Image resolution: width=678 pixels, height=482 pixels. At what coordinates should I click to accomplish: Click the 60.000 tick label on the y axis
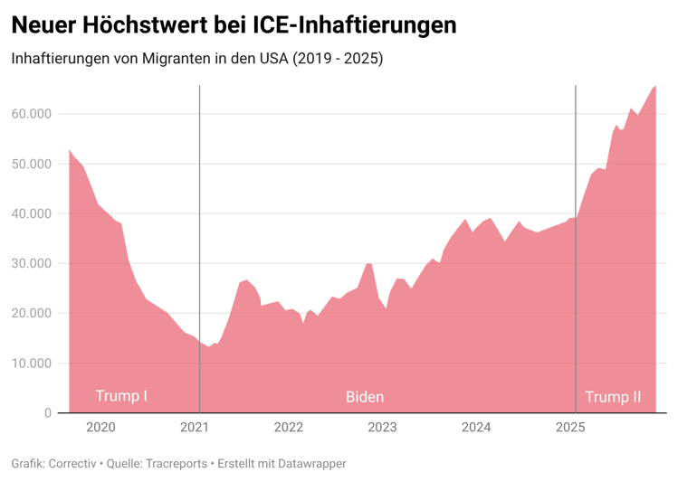pos(31,114)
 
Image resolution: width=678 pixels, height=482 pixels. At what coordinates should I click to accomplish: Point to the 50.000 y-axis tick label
pos(31,164)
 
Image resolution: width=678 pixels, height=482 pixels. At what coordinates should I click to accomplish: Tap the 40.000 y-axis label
pos(31,213)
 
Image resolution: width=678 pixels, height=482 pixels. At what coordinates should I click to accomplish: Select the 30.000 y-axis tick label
pos(31,263)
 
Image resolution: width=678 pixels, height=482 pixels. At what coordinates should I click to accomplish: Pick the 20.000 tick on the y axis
pos(31,314)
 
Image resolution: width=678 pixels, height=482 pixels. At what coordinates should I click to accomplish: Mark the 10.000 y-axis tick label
pos(31,364)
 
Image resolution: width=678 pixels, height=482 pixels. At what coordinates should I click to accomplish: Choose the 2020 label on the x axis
pos(100,428)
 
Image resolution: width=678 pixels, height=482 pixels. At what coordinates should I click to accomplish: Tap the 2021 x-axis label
pos(197,428)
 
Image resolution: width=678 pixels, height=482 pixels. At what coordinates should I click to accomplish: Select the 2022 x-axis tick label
pos(288,428)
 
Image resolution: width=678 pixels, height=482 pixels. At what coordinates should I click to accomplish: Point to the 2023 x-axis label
pos(382,428)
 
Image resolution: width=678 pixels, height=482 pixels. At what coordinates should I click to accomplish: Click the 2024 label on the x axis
pos(477,428)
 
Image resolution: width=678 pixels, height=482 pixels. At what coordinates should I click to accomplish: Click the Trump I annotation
pos(121,396)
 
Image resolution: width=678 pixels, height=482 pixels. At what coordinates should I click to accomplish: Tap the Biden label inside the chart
pos(365,396)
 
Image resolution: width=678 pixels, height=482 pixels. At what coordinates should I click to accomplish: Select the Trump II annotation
pos(613,396)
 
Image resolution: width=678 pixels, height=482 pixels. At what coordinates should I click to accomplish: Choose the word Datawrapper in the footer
pos(310,464)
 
